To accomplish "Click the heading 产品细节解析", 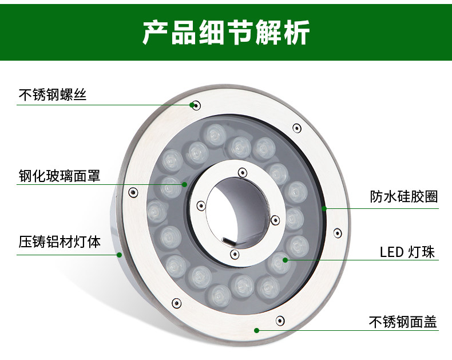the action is (226, 33).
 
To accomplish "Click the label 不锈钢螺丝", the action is (52, 94).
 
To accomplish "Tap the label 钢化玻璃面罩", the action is (59, 175).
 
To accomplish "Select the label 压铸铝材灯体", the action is (59, 242).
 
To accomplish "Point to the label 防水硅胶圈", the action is (403, 197).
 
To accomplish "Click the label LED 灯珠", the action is (407, 251).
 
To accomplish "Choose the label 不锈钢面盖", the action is (403, 322).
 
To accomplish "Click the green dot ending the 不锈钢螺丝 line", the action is (192, 105).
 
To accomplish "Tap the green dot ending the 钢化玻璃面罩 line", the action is (185, 184).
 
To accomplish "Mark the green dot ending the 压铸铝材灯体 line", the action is (120, 255).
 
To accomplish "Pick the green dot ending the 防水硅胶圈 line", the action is (324, 208).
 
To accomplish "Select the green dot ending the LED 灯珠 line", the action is (285, 260).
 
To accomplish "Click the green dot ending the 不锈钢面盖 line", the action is (257, 330).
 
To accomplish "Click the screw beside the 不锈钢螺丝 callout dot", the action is (197, 105).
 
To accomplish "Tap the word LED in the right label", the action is (391, 252).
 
